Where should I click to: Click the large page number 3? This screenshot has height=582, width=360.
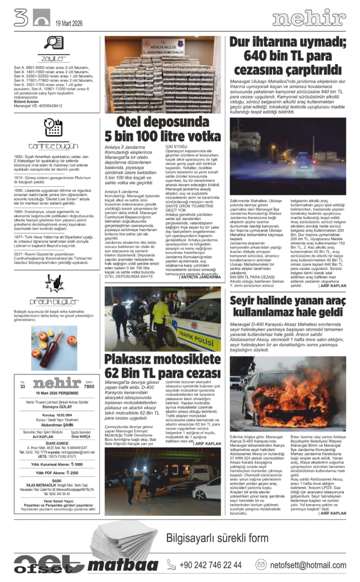(x=21, y=18)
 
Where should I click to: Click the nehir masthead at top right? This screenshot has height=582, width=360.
(x=309, y=19)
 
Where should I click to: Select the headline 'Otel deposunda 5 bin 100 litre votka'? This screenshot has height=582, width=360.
(x=163, y=128)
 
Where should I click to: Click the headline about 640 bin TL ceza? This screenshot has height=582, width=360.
(x=288, y=56)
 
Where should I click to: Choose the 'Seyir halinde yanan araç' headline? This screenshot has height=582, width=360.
(x=288, y=306)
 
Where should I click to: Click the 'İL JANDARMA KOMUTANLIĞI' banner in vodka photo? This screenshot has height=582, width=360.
(x=163, y=48)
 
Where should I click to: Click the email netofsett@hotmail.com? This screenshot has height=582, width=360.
(x=314, y=565)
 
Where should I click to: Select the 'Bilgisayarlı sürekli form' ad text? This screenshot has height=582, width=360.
(x=217, y=537)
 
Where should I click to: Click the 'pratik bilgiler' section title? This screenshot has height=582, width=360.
(x=54, y=302)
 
